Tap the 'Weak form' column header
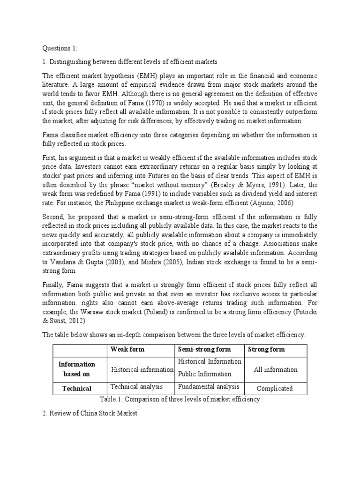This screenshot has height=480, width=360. [127, 350]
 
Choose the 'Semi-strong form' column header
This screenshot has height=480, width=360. [204, 350]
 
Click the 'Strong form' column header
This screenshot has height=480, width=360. [266, 350]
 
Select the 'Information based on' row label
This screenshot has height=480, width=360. [76, 369]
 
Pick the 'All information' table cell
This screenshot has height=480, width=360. [276, 369]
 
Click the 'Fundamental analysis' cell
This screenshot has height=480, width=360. [209, 387]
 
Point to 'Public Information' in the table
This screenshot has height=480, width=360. [204, 374]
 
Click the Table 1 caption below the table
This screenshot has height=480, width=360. [180, 399]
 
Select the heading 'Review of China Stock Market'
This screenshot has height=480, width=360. [92, 415]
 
